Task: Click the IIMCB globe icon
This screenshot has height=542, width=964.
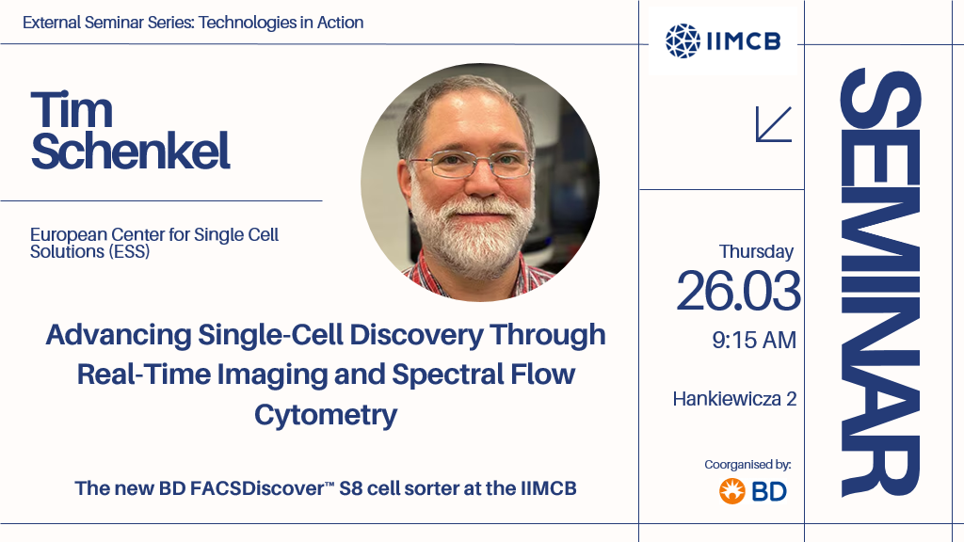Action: [683, 41]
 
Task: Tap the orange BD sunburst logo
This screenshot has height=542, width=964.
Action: [732, 491]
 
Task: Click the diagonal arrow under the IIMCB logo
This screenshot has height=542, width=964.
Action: [774, 124]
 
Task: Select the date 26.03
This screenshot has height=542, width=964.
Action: [738, 291]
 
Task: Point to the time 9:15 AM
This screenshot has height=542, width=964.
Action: [754, 340]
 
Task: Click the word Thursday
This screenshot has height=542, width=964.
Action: [756, 252]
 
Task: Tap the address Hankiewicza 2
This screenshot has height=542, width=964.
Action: [734, 399]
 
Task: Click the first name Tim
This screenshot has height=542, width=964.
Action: [72, 110]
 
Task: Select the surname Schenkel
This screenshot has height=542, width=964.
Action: [130, 151]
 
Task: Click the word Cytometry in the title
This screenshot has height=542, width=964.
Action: [326, 416]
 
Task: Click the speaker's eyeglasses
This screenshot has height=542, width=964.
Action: [471, 164]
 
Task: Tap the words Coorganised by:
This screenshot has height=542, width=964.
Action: [747, 465]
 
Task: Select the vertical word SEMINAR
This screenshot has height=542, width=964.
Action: [880, 282]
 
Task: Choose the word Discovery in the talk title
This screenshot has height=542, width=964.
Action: [416, 336]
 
